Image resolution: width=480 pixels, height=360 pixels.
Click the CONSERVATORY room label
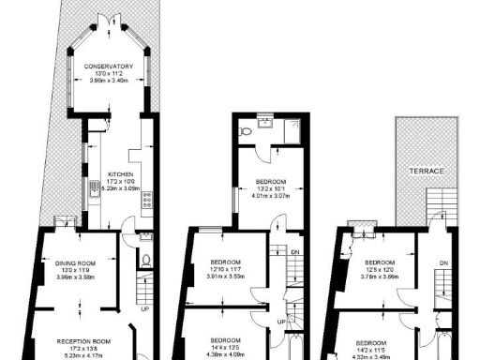point(108,67)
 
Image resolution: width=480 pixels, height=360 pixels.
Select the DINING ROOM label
point(78,263)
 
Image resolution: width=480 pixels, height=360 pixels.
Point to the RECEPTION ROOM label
point(84,340)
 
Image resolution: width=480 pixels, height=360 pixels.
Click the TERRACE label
point(426,172)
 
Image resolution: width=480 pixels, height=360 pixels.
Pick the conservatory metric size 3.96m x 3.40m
point(108,82)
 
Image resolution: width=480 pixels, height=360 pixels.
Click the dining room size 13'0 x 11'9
point(78,271)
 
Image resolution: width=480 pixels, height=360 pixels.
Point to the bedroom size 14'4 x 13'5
point(226,347)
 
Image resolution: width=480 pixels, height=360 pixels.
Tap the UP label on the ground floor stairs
point(144,309)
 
